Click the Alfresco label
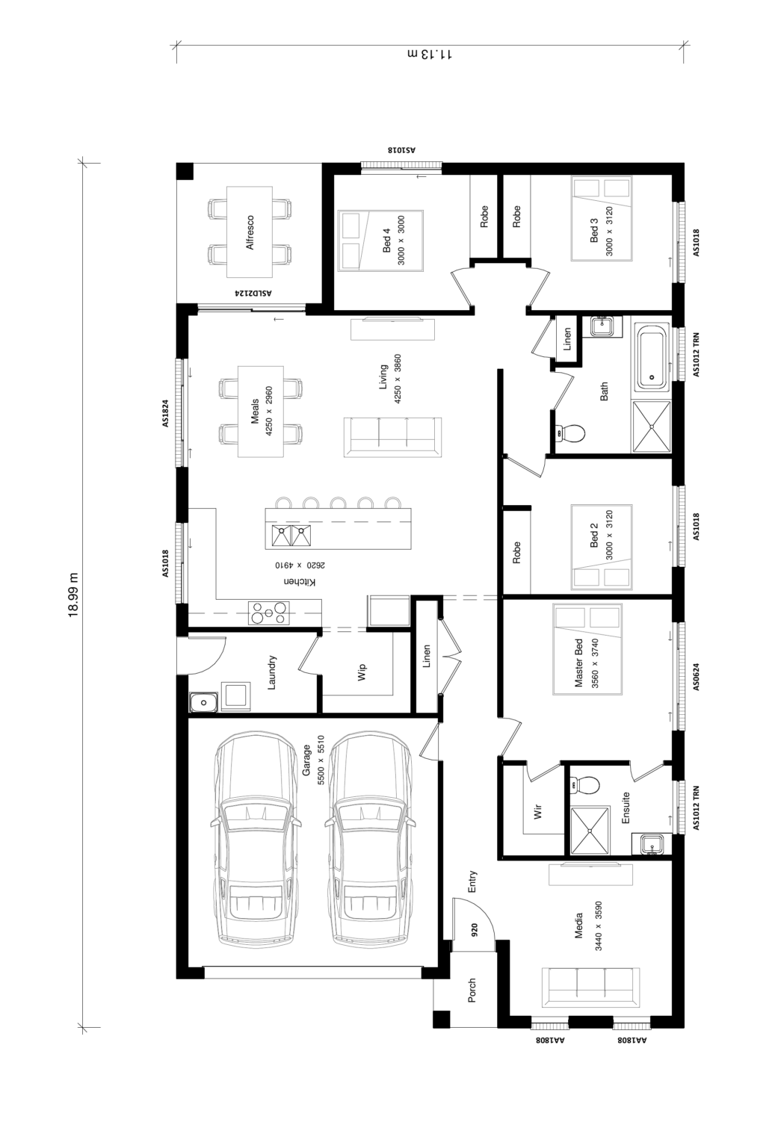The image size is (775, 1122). point(250,232)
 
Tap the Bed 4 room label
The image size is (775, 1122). point(386,241)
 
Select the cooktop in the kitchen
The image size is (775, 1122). point(268,613)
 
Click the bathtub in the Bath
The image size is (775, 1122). point(651,358)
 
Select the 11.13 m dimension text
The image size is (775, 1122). point(430,54)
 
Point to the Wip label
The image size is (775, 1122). point(362,672)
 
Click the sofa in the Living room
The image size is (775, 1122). point(393,437)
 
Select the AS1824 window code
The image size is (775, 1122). point(165,413)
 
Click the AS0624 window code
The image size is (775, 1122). point(696,677)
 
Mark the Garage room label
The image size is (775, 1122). point(306,760)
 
